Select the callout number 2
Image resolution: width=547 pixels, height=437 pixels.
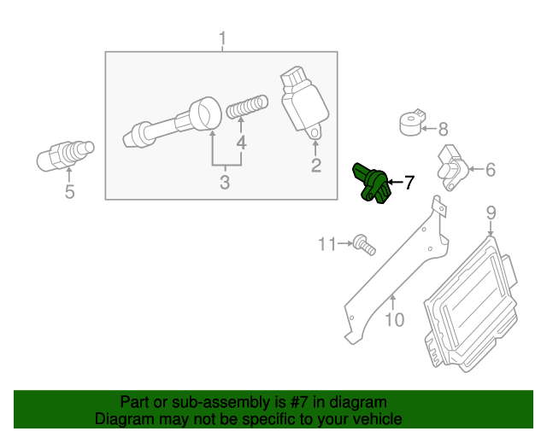click(315, 166)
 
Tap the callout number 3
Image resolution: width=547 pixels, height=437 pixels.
click(225, 182)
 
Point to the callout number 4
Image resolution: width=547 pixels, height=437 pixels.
click(242, 143)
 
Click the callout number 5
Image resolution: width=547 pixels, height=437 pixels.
click(70, 192)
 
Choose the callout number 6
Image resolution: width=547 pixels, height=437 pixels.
click(490, 170)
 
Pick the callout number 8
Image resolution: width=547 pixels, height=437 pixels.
click(443, 130)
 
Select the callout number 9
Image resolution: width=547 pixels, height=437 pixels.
click(491, 213)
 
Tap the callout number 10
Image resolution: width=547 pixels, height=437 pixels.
click(393, 320)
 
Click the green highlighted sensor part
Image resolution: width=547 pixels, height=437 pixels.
click(373, 183)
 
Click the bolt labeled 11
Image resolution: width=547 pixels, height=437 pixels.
click(365, 245)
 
